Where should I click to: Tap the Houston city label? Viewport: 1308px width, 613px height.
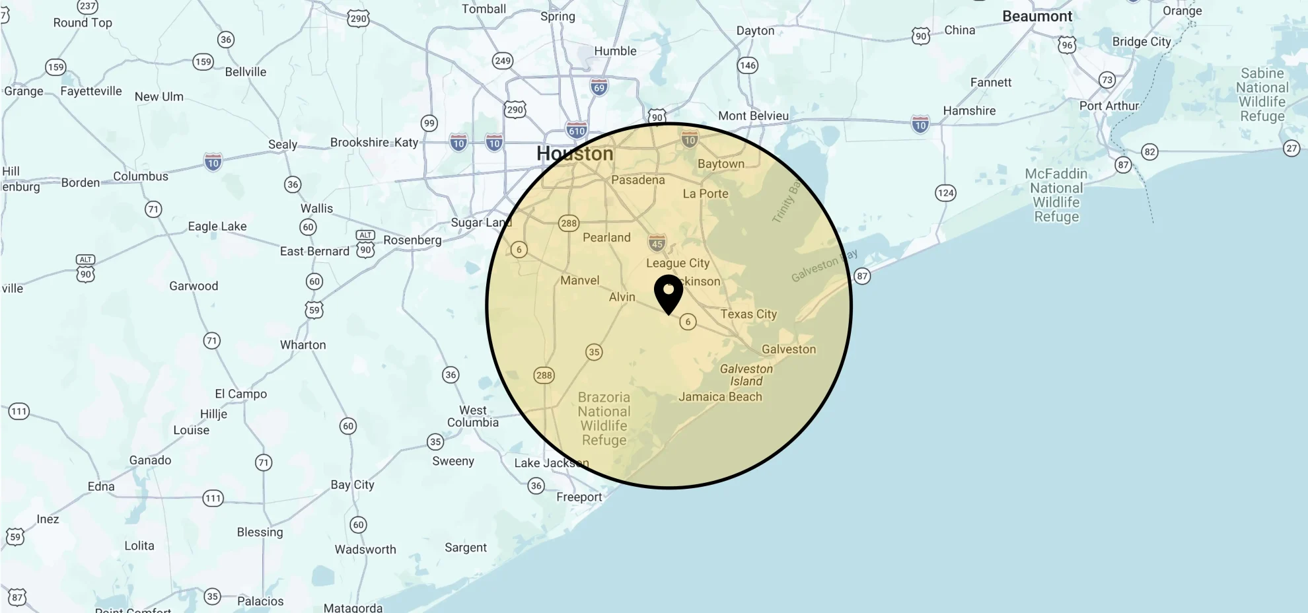coord(575,154)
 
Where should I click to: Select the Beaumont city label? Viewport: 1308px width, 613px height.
coord(1037,17)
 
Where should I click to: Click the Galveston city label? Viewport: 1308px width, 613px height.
coord(789,349)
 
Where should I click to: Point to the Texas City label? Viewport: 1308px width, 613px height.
coord(748,314)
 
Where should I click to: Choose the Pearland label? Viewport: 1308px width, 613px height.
coord(606,238)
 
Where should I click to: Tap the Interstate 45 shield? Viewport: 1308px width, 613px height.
coord(657,243)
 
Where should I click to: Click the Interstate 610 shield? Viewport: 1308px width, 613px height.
coord(577,130)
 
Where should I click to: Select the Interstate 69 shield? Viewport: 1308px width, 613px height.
coord(599,87)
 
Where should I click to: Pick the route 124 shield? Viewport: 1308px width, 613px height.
coord(945,193)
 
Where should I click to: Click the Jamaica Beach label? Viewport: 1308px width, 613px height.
coord(720,397)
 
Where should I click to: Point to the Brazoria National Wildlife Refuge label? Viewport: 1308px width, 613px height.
coord(604,419)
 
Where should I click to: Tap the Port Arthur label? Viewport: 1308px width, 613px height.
coord(1109,106)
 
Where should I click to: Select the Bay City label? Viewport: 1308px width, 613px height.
coord(352,485)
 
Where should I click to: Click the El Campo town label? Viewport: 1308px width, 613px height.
coord(240,394)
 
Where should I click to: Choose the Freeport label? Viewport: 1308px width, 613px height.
coord(579,497)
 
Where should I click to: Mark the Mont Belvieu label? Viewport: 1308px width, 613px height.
coord(753,116)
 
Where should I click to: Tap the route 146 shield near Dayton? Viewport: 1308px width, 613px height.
coord(747,65)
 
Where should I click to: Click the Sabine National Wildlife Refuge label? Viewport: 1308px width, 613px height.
coord(1262,94)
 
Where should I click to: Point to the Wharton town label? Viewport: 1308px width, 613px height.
coord(303,345)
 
